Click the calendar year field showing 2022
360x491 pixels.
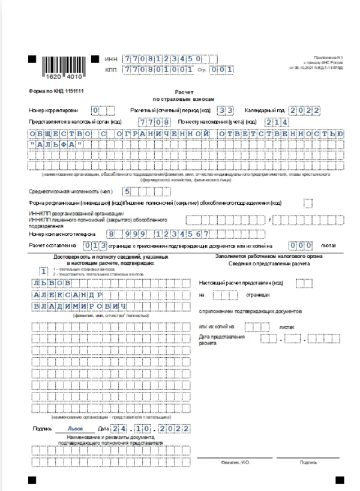(x=304, y=110)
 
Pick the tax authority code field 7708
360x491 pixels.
(x=153, y=121)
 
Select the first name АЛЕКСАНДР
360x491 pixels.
(x=67, y=295)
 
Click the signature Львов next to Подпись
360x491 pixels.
(x=75, y=429)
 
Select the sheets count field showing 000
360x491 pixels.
(x=301, y=245)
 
